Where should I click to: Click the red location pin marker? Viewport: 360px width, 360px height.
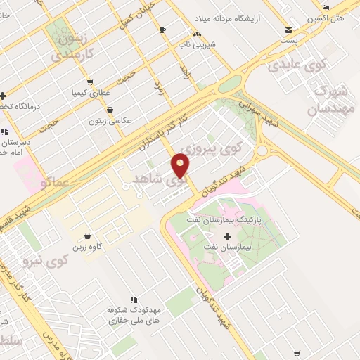click(181, 167)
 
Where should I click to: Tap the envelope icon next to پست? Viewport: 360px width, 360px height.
click(289, 30)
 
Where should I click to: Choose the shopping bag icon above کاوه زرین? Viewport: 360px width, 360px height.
click(87, 236)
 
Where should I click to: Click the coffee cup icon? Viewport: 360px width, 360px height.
click(163, 30)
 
